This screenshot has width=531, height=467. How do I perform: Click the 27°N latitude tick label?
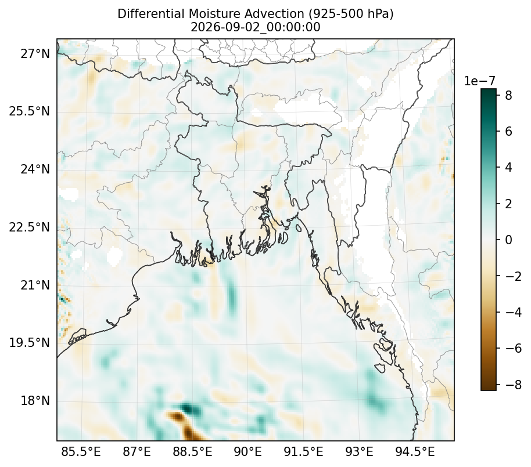pyautogui.click(x=35, y=53)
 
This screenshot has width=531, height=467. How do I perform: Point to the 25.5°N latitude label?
pyautogui.click(x=29, y=111)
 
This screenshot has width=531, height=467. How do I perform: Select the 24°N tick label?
pyautogui.click(x=35, y=169)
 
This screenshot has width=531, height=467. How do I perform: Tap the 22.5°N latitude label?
pyautogui.click(x=29, y=227)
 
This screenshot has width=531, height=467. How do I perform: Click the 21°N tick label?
pyautogui.click(x=35, y=285)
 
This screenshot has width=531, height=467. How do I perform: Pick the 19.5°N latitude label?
pyautogui.click(x=29, y=342)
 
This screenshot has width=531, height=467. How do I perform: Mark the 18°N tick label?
pyautogui.click(x=35, y=401)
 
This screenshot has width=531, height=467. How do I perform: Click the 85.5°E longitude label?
pyautogui.click(x=81, y=451)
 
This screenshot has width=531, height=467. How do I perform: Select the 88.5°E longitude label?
pyautogui.click(x=192, y=451)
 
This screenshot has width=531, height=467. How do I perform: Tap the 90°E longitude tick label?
pyautogui.click(x=248, y=451)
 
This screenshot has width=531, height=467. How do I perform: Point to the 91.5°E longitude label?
pyautogui.click(x=303, y=451)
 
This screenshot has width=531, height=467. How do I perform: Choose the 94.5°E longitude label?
pyautogui.click(x=415, y=451)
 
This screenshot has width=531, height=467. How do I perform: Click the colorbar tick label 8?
pyautogui.click(x=508, y=95)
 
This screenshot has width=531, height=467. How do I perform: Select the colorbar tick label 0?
pyautogui.click(x=508, y=240)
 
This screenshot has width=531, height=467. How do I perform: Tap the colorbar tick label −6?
pyautogui.click(x=514, y=348)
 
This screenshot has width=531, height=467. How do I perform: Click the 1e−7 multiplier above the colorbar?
pyautogui.click(x=479, y=81)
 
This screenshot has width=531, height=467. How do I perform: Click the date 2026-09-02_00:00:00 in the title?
pyautogui.click(x=256, y=27)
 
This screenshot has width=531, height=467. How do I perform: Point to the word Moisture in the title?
pyautogui.click(x=211, y=14)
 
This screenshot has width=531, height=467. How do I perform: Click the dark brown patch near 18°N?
pyautogui.click(x=185, y=425)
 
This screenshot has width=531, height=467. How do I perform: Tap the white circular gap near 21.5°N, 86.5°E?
pyautogui.click(x=114, y=256)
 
